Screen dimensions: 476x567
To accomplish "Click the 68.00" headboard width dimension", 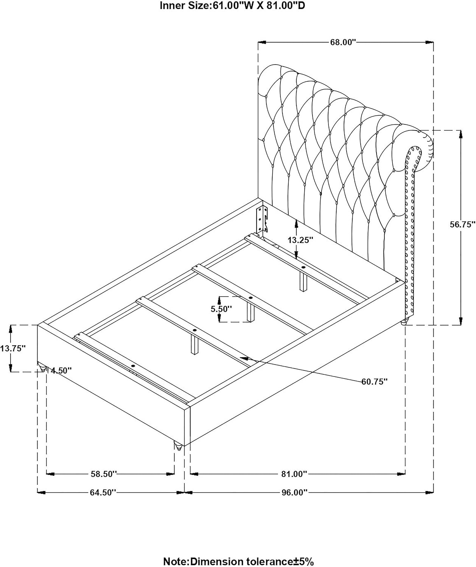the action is (343, 42).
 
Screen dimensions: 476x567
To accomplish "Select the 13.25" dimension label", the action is (301, 240).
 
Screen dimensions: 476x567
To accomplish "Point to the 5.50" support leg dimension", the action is (222, 309).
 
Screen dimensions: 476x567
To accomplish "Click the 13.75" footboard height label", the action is (13, 349).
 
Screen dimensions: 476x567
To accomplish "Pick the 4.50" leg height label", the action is (61, 370).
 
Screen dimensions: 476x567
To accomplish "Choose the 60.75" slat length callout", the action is (374, 381).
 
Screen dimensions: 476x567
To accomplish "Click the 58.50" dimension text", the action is (104, 474).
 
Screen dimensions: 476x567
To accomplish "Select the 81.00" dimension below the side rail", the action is (294, 474).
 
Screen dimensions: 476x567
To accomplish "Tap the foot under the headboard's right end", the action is (405, 322).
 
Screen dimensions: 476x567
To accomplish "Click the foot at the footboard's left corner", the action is (42, 367).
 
